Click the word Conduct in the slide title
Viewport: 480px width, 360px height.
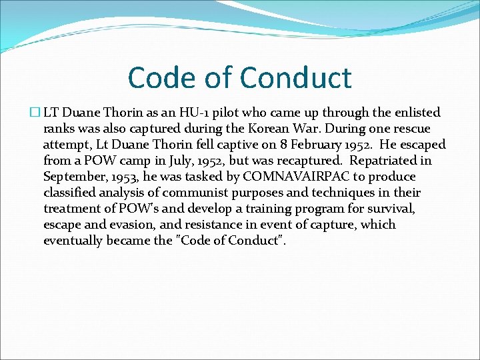[295, 78]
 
